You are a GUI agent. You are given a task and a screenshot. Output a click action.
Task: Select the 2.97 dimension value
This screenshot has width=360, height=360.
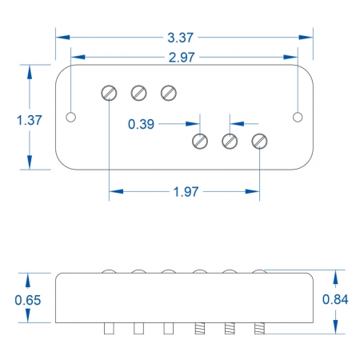point(183,57)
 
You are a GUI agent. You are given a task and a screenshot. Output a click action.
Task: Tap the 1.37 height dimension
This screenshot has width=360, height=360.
point(30,119)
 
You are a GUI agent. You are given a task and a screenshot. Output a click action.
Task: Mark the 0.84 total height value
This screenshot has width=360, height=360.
point(334,299)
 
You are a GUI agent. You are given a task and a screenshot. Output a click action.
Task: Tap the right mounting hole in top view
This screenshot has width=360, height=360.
point(298,118)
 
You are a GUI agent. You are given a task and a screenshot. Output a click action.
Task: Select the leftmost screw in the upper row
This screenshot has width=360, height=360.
point(109,93)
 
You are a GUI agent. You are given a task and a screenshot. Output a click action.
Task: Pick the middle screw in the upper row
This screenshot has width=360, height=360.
point(138,93)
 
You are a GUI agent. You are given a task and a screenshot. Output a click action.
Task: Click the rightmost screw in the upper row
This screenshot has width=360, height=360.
point(168,93)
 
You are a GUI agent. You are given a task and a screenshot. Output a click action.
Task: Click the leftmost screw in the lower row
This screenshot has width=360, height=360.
point(199,142)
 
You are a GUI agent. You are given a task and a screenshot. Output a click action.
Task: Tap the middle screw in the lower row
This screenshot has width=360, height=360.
point(229,142)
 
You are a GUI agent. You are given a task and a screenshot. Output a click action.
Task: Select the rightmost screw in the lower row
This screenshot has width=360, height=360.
point(259,142)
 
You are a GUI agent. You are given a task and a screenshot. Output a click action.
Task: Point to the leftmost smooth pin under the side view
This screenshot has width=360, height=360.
point(109,328)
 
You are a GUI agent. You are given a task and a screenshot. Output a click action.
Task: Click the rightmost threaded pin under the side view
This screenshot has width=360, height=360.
point(259,328)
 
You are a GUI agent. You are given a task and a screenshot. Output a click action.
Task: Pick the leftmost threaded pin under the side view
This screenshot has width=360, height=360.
point(199,328)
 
